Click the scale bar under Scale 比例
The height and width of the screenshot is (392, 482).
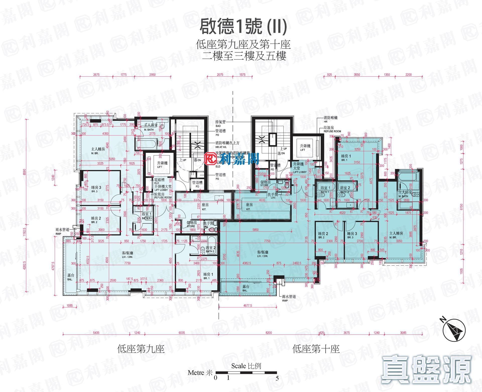click(x=246, y=373)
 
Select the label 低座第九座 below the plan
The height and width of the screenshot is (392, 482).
click(x=141, y=349)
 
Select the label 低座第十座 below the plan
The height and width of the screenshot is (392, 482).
click(x=316, y=349)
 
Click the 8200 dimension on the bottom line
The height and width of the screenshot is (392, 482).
click(x=269, y=333)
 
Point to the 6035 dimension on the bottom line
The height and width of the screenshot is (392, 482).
click(x=182, y=333)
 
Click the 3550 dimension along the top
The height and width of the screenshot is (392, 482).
click(x=357, y=75)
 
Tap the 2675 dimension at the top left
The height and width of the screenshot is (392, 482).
click(x=96, y=75)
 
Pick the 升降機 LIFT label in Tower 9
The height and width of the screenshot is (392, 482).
click(x=162, y=165)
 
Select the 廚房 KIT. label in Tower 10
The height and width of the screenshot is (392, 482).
click(x=249, y=207)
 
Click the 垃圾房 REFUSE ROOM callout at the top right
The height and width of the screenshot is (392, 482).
click(x=332, y=129)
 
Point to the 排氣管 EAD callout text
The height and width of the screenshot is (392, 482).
click(x=220, y=123)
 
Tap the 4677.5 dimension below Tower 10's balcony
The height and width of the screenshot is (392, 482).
click(x=248, y=306)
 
